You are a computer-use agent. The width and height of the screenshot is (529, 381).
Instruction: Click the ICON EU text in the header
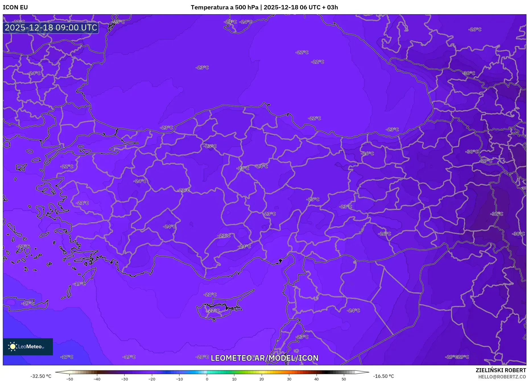(15, 7)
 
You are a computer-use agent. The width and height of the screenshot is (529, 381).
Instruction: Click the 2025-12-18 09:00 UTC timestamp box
(51, 28)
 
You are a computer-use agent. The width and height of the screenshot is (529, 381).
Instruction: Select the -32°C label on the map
(497, 214)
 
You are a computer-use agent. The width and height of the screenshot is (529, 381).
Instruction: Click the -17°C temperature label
(67, 357)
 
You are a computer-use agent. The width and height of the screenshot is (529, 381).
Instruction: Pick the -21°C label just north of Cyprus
(210, 294)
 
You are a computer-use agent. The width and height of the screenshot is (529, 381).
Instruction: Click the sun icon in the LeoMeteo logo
(13, 347)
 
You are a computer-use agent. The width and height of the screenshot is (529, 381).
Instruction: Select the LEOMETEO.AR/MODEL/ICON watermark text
(264, 358)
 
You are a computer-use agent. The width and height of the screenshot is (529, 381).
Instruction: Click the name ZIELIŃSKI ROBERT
(501, 370)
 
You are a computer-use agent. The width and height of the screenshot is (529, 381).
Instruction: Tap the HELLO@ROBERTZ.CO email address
(502, 377)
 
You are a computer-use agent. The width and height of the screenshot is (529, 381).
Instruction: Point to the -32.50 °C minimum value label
(41, 376)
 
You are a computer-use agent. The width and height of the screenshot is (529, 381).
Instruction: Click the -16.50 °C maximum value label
(383, 376)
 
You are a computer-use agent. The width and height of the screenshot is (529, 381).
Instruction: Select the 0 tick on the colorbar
(207, 379)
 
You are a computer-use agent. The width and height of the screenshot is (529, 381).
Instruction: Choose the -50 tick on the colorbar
(69, 379)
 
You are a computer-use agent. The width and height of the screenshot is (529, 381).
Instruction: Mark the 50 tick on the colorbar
(344, 379)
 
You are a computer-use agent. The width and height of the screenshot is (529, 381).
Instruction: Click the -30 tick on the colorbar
(124, 379)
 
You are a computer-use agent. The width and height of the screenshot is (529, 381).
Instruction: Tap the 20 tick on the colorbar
(262, 379)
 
